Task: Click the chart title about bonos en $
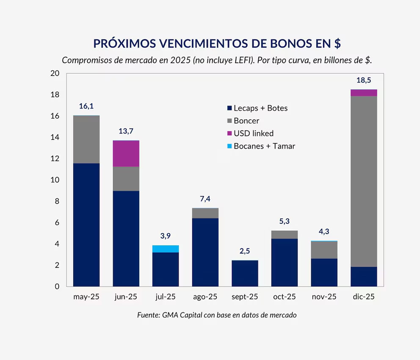(x=217, y=44)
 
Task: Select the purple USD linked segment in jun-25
(x=126, y=153)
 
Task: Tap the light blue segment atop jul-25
(x=166, y=249)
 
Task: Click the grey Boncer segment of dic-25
(x=364, y=181)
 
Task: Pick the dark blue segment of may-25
(x=86, y=225)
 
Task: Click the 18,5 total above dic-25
(x=364, y=80)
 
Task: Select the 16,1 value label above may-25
(x=86, y=106)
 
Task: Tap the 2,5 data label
(x=245, y=251)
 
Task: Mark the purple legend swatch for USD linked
(x=230, y=133)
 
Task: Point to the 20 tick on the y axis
(x=55, y=74)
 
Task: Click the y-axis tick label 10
(x=55, y=180)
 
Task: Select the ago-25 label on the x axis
(x=205, y=297)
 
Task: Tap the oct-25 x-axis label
(x=285, y=297)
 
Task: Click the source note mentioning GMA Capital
(x=217, y=315)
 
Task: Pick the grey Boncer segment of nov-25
(x=324, y=250)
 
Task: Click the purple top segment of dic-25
(x=364, y=93)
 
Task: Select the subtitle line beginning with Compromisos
(x=217, y=60)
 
